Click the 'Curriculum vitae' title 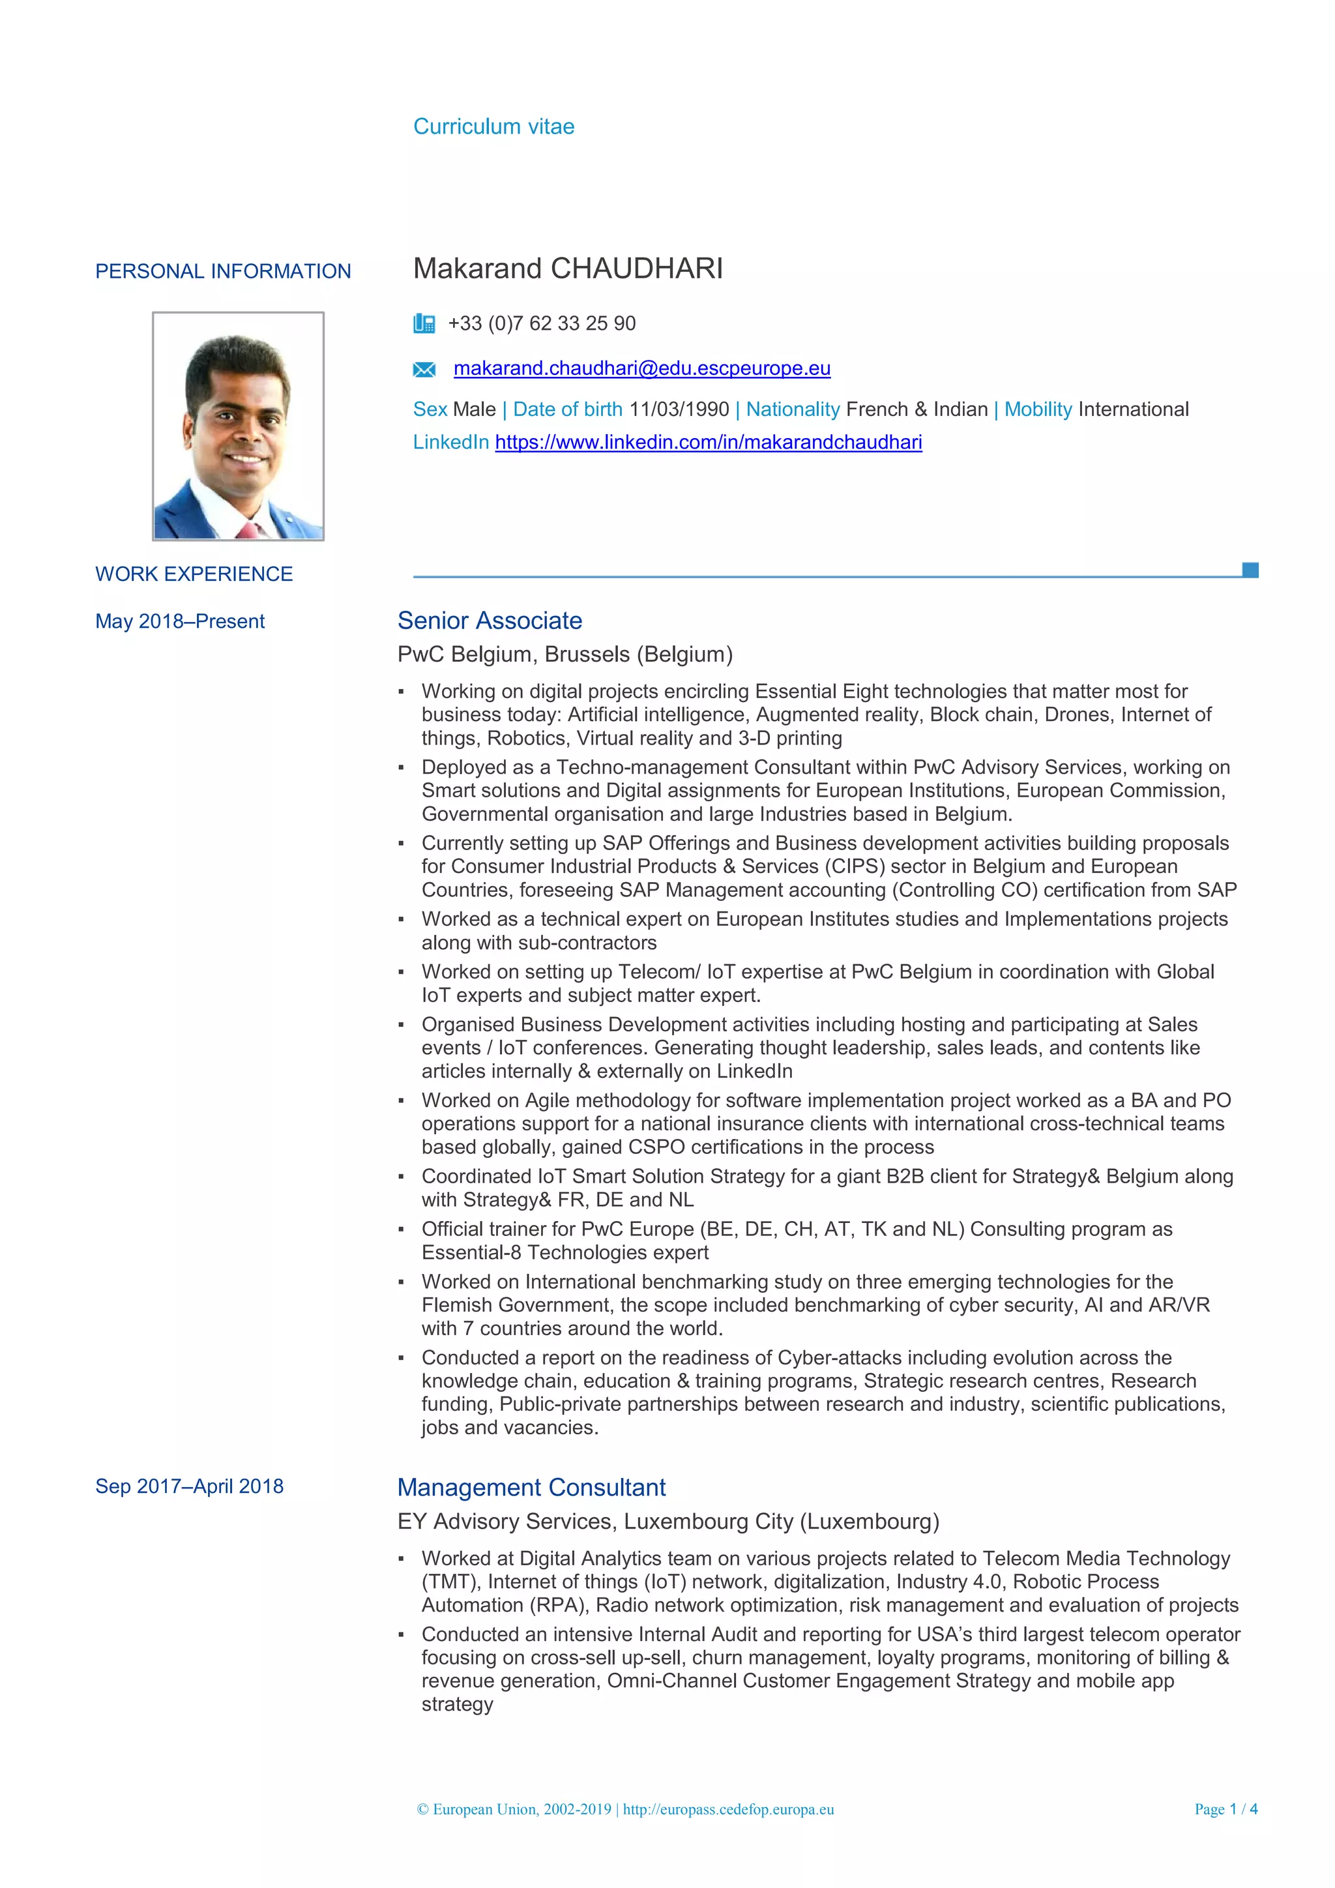493,126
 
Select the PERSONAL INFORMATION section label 223,271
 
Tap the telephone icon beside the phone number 423,323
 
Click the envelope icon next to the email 423,369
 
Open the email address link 642,368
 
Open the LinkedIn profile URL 708,443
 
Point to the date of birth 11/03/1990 679,409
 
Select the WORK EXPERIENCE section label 194,574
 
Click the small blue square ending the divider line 1250,570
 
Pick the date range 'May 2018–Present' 180,622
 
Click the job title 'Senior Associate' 490,621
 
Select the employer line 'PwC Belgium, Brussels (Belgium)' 565,655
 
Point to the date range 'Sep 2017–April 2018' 189,1486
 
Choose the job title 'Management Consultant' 531,1488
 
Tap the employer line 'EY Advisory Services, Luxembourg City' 667,1521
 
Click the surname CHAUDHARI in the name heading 636,269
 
